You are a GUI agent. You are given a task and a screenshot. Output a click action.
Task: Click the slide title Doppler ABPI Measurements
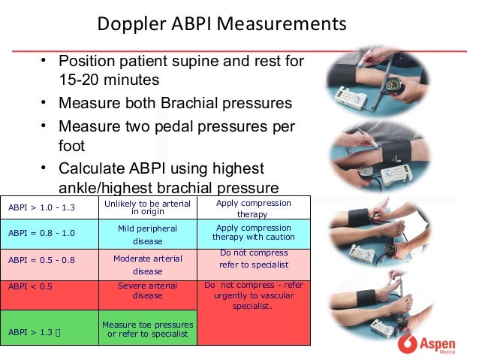pos(222,26)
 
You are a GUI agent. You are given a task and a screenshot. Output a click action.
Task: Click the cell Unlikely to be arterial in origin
pos(147,207)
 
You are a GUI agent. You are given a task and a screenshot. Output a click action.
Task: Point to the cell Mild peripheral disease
pos(147,234)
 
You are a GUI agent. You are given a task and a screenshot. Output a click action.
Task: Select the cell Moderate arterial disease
pos(147,265)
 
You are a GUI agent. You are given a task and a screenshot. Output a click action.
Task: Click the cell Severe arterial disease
pos(147,290)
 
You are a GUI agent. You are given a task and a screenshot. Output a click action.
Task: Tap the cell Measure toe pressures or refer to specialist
pos(147,328)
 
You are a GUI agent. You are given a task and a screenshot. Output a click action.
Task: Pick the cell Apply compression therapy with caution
pos(253,232)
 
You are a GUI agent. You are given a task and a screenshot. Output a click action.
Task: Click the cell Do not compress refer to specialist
pos(253,259)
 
